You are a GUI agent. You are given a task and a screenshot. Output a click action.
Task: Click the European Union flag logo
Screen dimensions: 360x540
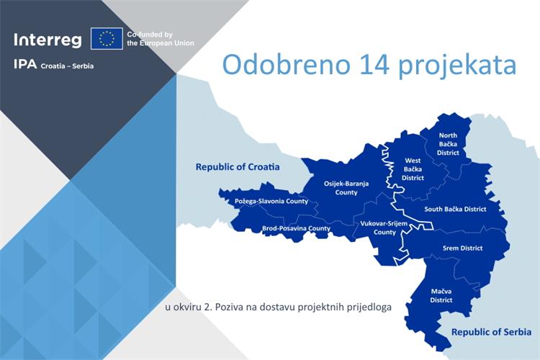(x=107, y=39)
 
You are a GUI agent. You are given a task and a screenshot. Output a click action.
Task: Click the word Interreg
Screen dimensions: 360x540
(x=48, y=39)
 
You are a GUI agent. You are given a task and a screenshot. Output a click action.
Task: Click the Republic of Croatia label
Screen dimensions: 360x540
(x=237, y=166)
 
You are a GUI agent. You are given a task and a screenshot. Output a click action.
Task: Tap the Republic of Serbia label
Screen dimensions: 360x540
(x=491, y=332)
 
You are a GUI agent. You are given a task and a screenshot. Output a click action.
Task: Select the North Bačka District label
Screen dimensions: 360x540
(x=448, y=144)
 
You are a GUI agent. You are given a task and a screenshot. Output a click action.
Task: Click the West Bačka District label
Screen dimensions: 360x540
(x=413, y=169)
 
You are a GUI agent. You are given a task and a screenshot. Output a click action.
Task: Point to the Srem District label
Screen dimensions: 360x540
(x=462, y=248)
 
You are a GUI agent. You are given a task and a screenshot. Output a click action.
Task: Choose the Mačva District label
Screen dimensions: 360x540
(x=441, y=295)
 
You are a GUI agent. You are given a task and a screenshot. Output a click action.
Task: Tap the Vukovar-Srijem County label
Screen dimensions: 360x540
(x=384, y=228)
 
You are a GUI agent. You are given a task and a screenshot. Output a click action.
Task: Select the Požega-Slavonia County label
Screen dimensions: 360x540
(x=271, y=201)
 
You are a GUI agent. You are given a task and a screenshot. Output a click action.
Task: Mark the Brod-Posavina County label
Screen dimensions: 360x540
(x=296, y=228)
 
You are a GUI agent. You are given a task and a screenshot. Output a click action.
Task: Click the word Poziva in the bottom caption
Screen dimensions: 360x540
(x=228, y=307)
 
